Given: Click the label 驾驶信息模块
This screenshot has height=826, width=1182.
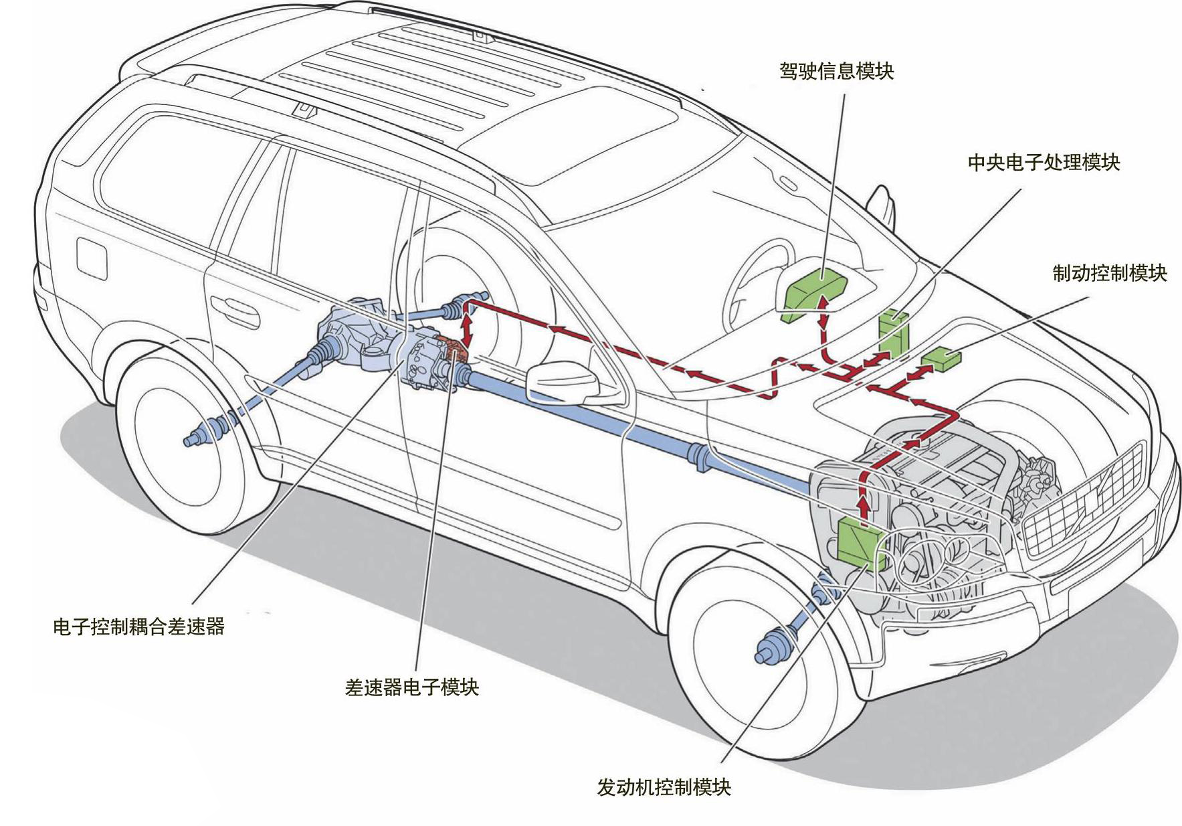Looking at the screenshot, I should (x=836, y=71).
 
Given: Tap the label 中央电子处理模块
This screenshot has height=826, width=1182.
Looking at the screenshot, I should (x=1043, y=163).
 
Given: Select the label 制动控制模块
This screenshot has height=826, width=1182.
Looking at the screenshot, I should (x=1109, y=273).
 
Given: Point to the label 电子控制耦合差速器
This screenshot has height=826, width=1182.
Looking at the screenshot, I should (x=138, y=627).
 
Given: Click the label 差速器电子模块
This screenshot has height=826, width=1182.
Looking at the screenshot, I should (x=411, y=687).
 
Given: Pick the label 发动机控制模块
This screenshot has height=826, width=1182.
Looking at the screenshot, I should (x=664, y=787).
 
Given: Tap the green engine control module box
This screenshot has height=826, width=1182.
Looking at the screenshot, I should (x=860, y=541).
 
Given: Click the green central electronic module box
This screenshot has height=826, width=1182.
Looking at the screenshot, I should (x=893, y=332).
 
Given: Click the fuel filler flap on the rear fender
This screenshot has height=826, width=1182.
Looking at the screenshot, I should (x=92, y=256).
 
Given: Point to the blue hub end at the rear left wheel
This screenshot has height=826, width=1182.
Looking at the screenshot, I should (x=194, y=440).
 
